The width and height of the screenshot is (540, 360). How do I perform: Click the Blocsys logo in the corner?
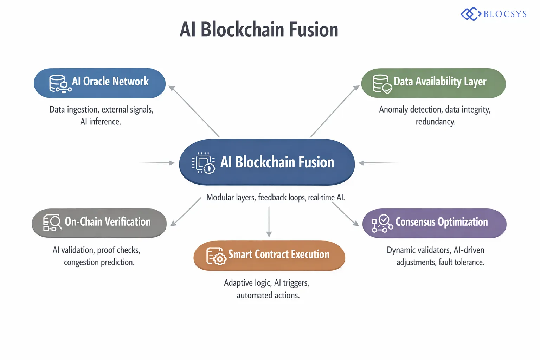click(x=494, y=14)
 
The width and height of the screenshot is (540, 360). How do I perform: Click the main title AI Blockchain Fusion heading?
click(x=259, y=30)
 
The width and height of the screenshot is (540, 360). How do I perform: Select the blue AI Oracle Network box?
click(x=99, y=83)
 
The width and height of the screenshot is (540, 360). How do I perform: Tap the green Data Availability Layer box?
click(x=433, y=83)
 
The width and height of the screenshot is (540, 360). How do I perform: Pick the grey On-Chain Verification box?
click(x=99, y=223)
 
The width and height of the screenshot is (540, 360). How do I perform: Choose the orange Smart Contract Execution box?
click(x=269, y=256)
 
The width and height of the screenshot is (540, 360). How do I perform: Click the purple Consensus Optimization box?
click(x=435, y=223)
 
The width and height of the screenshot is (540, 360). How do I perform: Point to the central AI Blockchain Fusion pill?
click(x=267, y=162)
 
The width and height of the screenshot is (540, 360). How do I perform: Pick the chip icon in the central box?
click(x=204, y=163)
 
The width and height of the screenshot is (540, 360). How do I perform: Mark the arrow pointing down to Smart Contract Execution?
click(x=269, y=222)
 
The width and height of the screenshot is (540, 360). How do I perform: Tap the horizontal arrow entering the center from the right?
click(x=378, y=163)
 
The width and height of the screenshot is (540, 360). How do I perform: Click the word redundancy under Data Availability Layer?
click(x=435, y=122)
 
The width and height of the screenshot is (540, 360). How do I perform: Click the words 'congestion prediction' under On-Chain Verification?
click(x=99, y=262)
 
